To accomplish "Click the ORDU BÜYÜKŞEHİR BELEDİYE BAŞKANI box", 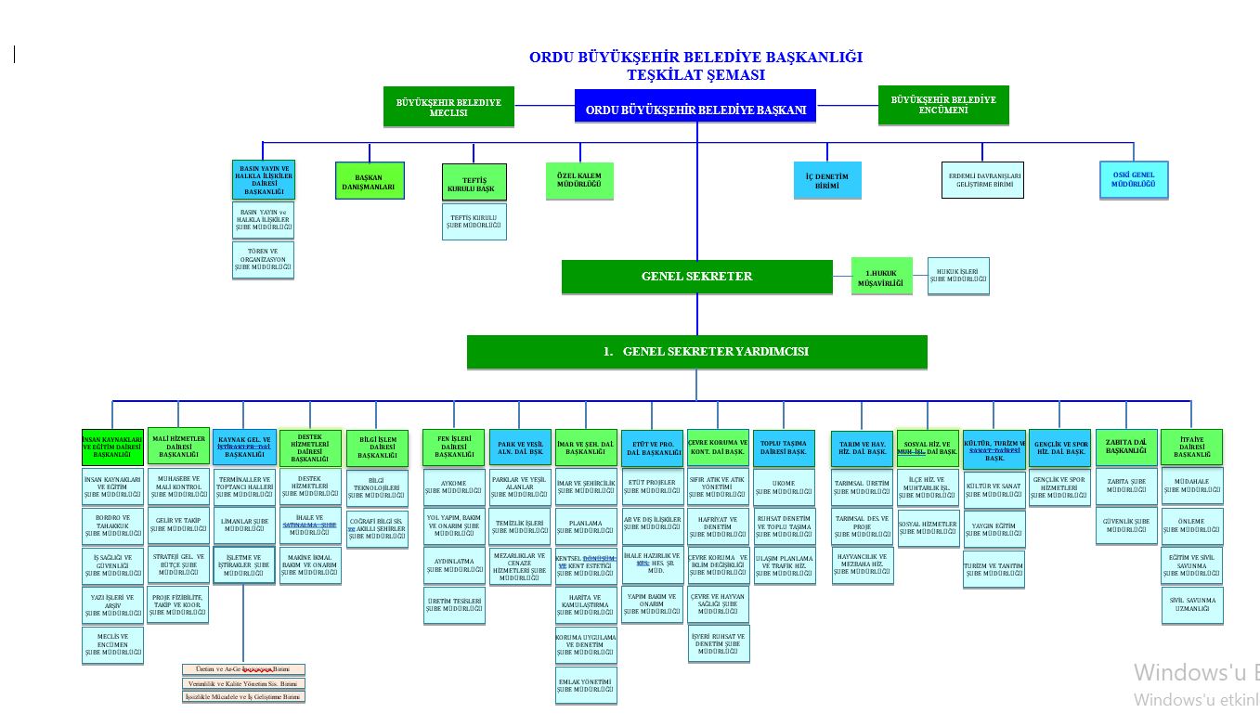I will tap(695, 108).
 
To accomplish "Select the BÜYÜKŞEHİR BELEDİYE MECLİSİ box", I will tap(448, 106).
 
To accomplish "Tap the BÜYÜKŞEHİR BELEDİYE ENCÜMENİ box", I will tap(942, 105).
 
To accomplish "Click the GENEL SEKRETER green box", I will tap(696, 277).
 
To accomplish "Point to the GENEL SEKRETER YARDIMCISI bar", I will tap(696, 352).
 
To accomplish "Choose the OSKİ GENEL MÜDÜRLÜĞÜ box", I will tap(1133, 179).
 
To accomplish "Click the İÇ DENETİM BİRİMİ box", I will tap(826, 180).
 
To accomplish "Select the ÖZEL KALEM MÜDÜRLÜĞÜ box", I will tap(579, 180).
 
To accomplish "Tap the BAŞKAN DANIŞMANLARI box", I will tap(370, 180).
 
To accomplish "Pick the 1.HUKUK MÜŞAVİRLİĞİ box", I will tap(881, 277).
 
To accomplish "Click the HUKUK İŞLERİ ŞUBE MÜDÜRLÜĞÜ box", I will tap(958, 276).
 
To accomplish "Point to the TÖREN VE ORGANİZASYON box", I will tap(263, 260).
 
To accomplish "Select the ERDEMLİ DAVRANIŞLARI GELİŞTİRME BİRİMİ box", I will tap(982, 179).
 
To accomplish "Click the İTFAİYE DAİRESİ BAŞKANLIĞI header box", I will tap(1191, 447).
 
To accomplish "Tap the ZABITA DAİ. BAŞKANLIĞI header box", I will tap(1126, 447).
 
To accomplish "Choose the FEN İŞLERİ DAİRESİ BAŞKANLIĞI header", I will tap(454, 447).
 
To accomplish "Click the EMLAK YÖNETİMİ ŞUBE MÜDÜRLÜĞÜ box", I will tap(586, 684).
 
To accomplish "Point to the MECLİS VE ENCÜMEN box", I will tap(113, 645).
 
